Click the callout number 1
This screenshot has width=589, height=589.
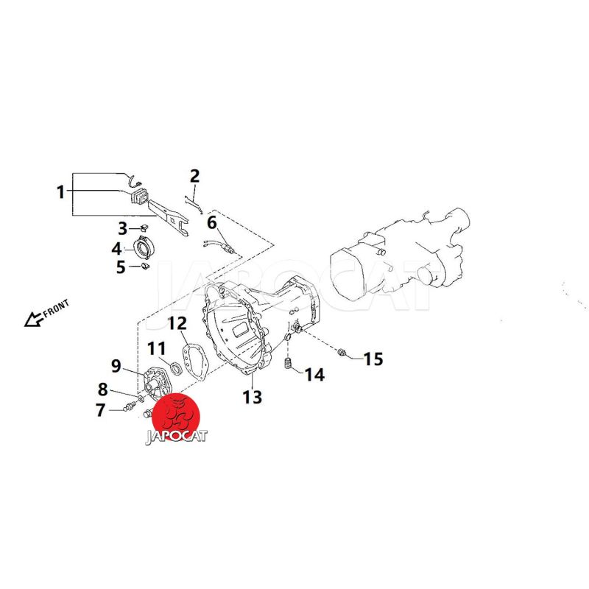(60, 192)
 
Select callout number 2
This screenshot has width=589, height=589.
(194, 176)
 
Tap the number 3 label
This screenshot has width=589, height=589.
(123, 228)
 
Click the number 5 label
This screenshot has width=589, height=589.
(121, 267)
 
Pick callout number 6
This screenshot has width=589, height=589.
(211, 222)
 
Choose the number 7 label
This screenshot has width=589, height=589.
(101, 410)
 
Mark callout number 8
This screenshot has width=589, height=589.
(103, 389)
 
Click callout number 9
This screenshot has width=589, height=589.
(116, 365)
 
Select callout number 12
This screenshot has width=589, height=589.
(177, 323)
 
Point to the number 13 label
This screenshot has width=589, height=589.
(253, 398)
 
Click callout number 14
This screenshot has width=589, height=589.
(314, 375)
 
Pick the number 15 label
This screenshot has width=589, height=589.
(373, 359)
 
